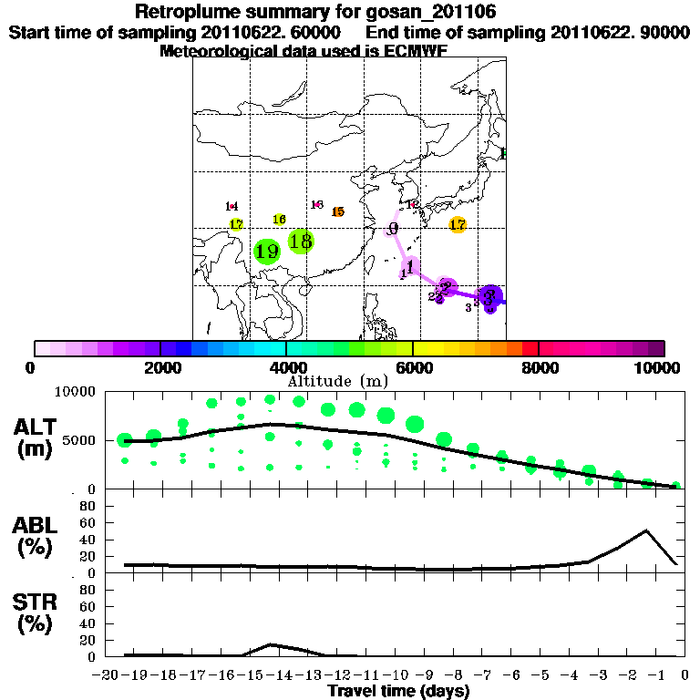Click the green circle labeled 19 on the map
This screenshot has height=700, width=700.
pyautogui.click(x=266, y=252)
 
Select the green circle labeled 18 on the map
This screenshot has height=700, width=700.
pyautogui.click(x=301, y=242)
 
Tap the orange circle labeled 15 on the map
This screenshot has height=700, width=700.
pyautogui.click(x=338, y=211)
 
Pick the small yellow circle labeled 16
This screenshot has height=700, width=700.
pyautogui.click(x=279, y=220)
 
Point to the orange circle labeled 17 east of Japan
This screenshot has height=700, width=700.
pyautogui.click(x=458, y=224)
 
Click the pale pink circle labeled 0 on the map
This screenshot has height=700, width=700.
pyautogui.click(x=393, y=229)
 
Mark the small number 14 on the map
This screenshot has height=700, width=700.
pyautogui.click(x=232, y=207)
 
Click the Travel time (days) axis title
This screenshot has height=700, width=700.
pyautogui.click(x=398, y=691)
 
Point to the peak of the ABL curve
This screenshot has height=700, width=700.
pyautogui.click(x=646, y=530)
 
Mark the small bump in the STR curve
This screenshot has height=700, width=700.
pyautogui.click(x=271, y=644)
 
